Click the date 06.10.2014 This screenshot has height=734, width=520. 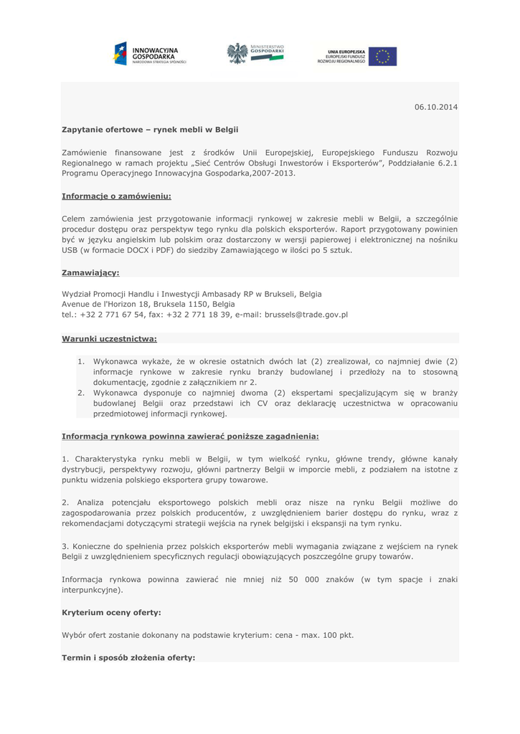click(435, 107)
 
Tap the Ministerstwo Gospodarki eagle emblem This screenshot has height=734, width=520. click(237, 53)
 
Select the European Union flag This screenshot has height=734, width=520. click(382, 57)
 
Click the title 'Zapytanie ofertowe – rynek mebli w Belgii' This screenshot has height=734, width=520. click(149, 130)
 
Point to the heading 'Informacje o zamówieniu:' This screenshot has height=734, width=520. click(116, 196)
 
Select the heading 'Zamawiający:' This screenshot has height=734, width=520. click(90, 272)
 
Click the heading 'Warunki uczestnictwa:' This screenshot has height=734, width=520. click(109, 338)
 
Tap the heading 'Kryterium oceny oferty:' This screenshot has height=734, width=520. click(111, 613)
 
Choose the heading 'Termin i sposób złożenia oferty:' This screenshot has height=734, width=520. click(128, 657)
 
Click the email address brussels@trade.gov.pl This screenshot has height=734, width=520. click(306, 315)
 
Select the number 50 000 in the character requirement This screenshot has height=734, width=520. click(303, 579)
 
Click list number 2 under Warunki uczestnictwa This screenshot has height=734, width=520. click(81, 393)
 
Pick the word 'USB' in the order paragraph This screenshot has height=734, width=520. click(70, 250)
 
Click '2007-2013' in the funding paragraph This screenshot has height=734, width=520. click(274, 173)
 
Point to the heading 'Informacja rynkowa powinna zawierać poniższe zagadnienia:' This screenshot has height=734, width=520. click(190, 436)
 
